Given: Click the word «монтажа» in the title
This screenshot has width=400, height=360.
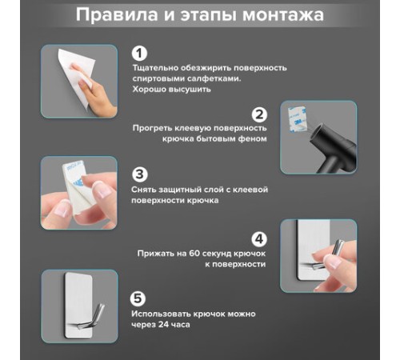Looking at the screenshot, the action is tap(283, 14).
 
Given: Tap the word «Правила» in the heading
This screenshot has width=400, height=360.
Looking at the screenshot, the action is tap(117, 15).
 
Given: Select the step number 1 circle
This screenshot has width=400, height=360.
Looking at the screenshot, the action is tap(139, 54).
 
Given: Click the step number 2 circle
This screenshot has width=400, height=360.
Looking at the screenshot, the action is tap(259, 114).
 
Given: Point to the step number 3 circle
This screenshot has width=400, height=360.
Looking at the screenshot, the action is tap(139, 174).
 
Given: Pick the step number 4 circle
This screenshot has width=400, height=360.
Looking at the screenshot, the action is tap(259, 239).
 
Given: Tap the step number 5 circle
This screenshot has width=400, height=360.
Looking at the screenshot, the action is tap(138, 298).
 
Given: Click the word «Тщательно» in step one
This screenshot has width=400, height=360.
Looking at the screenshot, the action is tap(155, 68).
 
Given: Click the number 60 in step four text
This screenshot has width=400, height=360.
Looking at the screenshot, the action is tap(194, 253).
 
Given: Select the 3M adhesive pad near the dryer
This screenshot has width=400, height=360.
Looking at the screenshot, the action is tap(297, 119).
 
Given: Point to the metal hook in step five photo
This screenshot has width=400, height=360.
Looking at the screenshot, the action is tap(88, 318).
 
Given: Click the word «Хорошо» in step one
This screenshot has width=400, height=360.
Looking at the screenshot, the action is tap(150, 90).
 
